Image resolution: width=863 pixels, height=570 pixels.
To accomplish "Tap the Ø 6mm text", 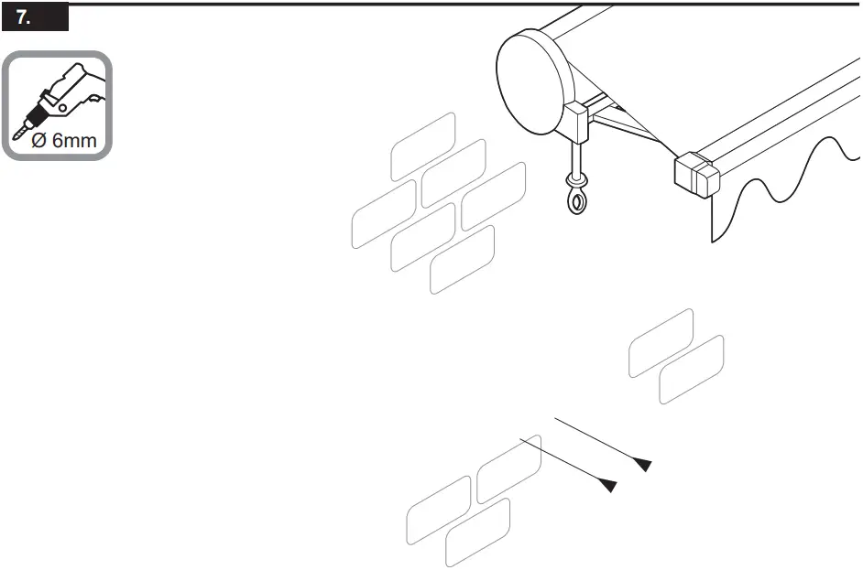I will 63,142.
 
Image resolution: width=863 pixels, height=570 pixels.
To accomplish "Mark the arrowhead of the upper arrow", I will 643,465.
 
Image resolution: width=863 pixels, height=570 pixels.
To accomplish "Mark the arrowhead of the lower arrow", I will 606,485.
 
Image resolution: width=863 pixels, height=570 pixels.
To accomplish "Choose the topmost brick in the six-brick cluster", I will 423,146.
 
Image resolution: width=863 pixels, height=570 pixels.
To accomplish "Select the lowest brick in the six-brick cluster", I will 463,260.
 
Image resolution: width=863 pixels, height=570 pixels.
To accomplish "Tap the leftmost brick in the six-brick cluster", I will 384,215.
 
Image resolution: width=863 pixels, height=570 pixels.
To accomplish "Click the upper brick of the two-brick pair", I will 661,343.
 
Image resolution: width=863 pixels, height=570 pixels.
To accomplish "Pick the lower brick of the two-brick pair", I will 692,370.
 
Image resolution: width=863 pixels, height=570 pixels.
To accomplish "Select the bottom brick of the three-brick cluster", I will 477,533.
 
